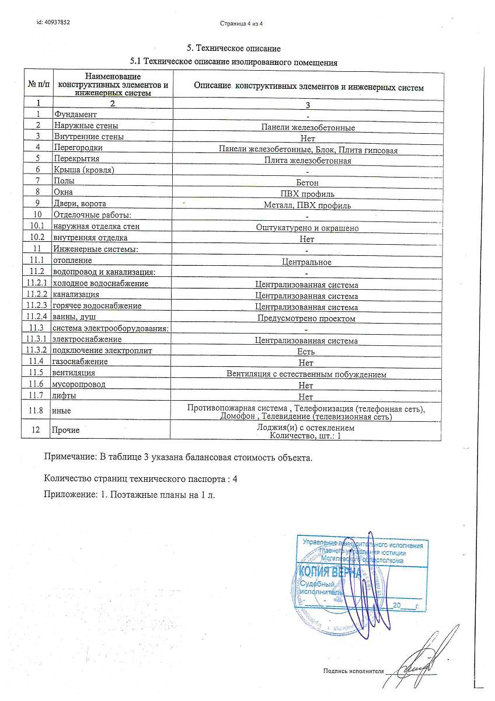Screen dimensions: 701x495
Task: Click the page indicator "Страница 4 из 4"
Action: tap(241, 24)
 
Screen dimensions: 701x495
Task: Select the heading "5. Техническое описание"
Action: tap(233, 48)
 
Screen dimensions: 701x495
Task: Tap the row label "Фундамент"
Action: tap(75, 114)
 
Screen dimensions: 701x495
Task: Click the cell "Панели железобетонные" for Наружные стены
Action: tap(308, 127)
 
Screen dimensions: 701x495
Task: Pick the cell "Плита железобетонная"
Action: tap(308, 160)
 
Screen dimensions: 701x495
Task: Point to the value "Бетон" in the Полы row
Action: tap(308, 183)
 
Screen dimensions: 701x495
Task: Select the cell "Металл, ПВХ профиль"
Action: tap(308, 205)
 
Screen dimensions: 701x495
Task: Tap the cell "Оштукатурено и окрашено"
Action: tap(308, 228)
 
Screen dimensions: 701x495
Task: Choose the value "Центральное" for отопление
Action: tap(306, 262)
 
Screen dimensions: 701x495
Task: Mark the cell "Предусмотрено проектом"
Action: tap(307, 318)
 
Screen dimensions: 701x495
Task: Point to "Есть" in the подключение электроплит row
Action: tap(306, 352)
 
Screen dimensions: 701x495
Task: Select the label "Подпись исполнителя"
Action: tap(354, 671)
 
